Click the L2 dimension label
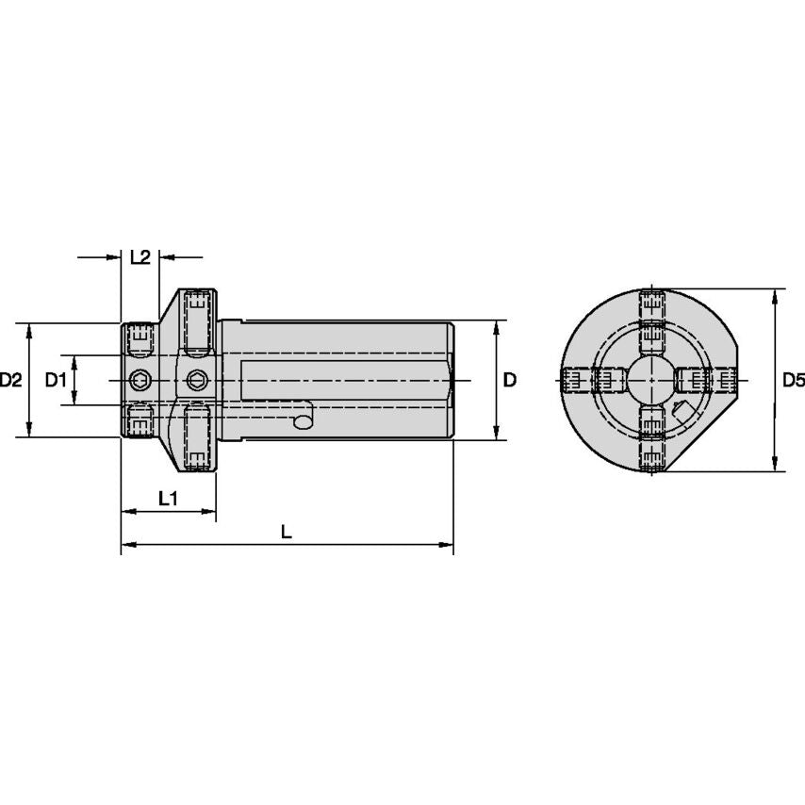140,257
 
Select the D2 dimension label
11,381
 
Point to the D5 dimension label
794,381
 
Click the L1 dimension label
168,498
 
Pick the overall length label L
287,532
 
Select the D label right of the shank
509,381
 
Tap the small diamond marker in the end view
681,410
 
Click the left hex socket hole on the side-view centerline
140,381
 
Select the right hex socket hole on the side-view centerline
196,381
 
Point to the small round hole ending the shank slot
303,421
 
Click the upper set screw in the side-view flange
196,321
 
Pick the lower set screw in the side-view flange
196,439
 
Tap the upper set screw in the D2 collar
140,339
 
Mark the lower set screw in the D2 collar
140,421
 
